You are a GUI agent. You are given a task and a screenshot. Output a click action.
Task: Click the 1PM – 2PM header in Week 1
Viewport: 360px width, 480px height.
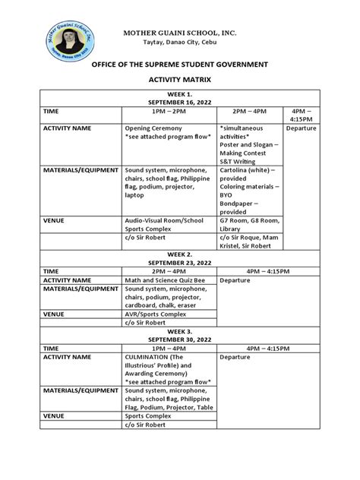click(x=169, y=110)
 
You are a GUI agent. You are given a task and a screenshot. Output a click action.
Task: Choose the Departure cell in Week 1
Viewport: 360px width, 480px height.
click(x=302, y=128)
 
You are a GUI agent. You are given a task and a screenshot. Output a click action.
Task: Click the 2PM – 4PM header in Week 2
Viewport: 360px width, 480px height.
click(x=169, y=270)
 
